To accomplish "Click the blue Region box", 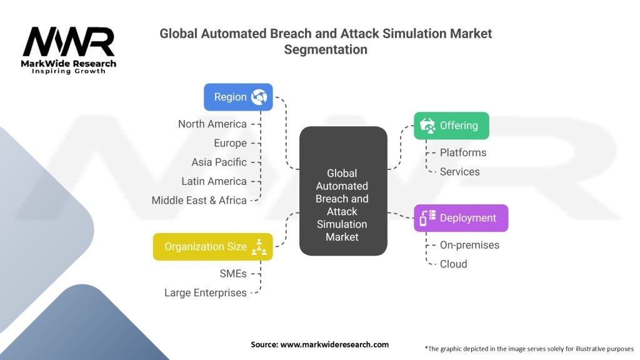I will coord(238,97).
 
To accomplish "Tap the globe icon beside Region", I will coord(259,97).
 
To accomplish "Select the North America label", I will coord(212,124).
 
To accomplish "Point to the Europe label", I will coord(230,143).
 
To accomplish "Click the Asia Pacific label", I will coord(219,162).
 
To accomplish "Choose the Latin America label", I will coord(215,181).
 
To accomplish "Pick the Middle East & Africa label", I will coord(199,200).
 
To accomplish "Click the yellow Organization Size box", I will coord(212,247).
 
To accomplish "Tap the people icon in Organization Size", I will coord(259,247).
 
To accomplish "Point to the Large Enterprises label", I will coord(205,292).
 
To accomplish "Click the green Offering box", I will coord(451,126).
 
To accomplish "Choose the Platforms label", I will coord(462,152).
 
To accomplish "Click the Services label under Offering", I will coord(459,171).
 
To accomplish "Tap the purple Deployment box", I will coord(461,218).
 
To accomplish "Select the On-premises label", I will coord(469,245).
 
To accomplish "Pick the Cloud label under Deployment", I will coord(453,264).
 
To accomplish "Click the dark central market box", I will coord(342,191).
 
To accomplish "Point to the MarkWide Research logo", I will coord(69,51).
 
